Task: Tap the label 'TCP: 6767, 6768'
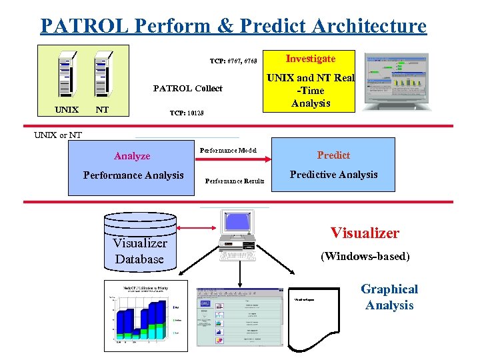(x=233, y=61)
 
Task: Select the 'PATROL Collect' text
(x=188, y=88)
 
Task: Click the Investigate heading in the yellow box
(x=311, y=59)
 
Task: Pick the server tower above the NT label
(x=102, y=75)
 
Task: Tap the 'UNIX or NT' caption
(x=58, y=135)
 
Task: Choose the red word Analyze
(x=132, y=156)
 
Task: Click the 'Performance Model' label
(x=229, y=150)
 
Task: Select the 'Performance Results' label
(x=235, y=181)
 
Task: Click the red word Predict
(x=333, y=155)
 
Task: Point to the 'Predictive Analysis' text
(x=334, y=175)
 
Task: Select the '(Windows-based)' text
(x=365, y=256)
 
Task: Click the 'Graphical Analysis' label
(x=389, y=297)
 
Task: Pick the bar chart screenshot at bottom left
(x=142, y=314)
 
